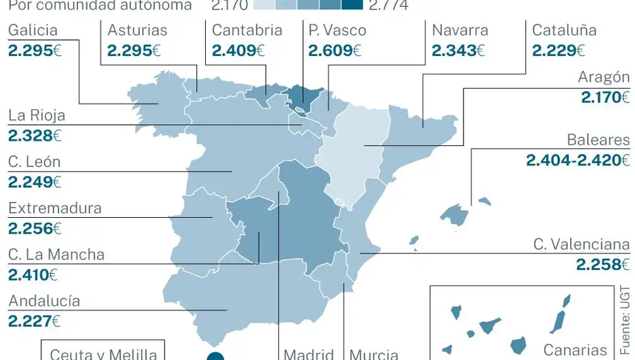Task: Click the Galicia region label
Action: click(33, 30)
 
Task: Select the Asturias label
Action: click(137, 30)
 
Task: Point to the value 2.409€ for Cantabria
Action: click(238, 50)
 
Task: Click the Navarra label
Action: click(460, 30)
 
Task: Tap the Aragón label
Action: click(603, 77)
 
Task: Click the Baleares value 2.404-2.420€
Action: click(577, 160)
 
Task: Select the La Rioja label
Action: click(37, 116)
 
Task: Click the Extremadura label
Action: click(55, 208)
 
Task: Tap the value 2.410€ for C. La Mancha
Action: click(32, 275)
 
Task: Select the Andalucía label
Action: click(44, 300)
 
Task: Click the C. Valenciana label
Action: click(581, 244)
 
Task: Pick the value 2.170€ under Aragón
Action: click(605, 98)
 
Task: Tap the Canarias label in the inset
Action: click(575, 350)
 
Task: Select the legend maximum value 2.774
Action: click(389, 6)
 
